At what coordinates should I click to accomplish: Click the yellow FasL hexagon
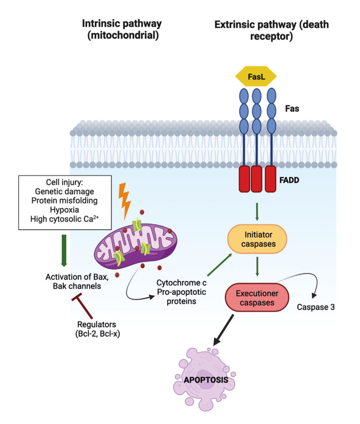point(256,77)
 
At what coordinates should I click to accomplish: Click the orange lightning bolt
point(125,198)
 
